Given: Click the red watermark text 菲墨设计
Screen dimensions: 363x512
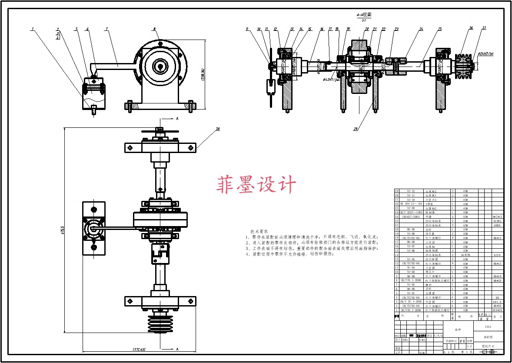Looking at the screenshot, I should point(256,185).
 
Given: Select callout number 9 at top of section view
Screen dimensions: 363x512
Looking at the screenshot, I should point(247,29).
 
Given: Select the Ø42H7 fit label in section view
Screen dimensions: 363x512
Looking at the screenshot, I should point(331,80).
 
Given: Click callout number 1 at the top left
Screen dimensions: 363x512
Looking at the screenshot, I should point(32,29).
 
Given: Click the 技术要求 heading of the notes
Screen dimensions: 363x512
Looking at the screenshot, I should point(259,232).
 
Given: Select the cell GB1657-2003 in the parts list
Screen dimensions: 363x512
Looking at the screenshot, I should point(411,216).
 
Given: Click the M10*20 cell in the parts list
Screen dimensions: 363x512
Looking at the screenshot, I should point(497,310).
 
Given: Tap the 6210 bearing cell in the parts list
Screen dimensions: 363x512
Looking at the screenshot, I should point(497,255).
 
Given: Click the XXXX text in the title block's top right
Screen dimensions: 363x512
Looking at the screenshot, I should point(488,326).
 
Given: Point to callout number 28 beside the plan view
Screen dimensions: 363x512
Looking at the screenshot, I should point(217,129).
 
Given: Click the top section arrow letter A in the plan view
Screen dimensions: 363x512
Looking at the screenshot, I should point(177,118).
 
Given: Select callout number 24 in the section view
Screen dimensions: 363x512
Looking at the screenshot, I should point(421,29).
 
